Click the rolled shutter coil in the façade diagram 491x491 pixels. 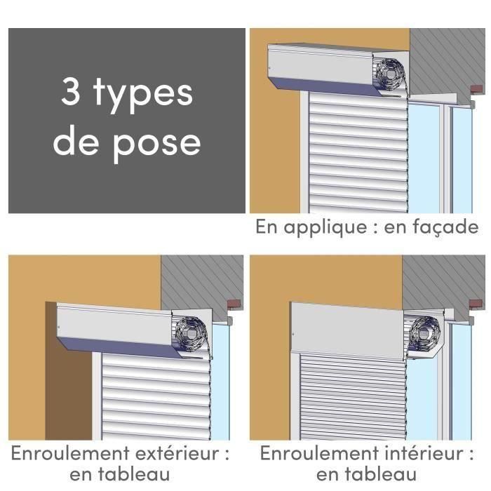click(x=390, y=72)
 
